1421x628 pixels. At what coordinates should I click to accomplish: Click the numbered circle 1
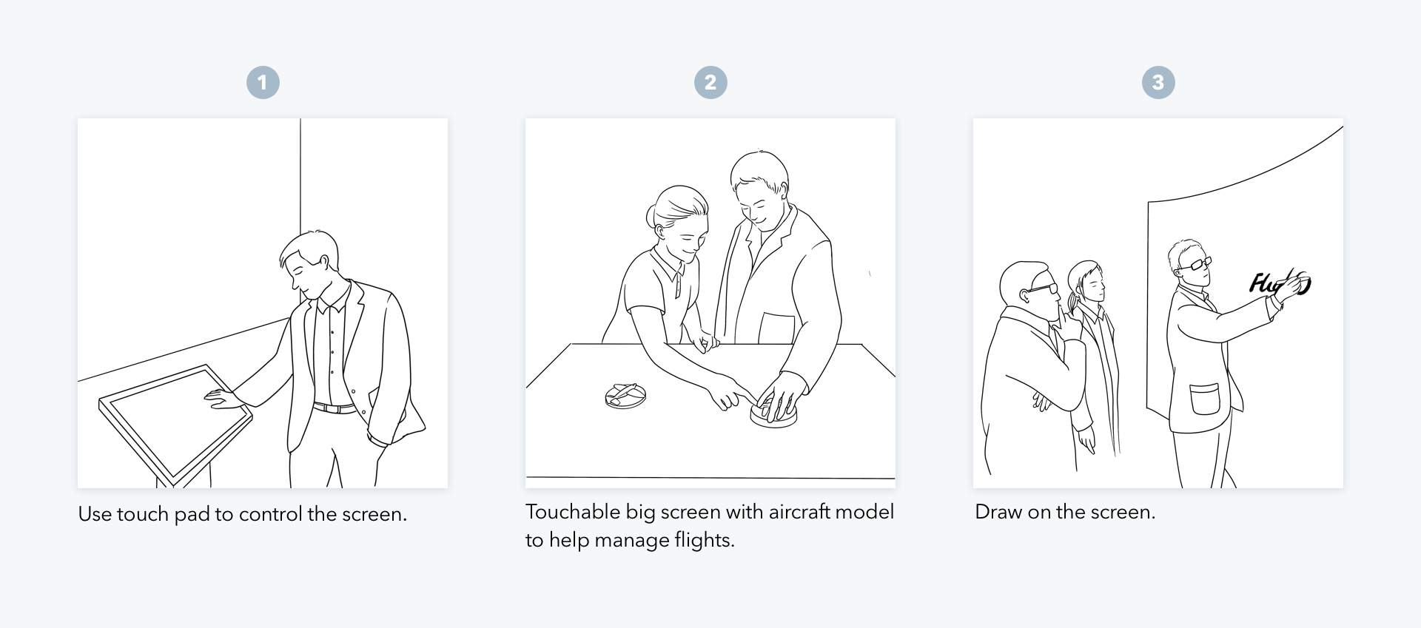[x=263, y=82]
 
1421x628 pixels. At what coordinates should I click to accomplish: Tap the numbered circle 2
[x=710, y=82]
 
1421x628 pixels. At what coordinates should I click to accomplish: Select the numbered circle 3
[x=1158, y=82]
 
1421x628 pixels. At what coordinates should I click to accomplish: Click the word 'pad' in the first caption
[x=192, y=514]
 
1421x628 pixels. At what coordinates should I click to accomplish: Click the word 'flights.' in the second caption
[x=705, y=540]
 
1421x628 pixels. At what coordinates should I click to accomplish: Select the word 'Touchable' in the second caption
[x=573, y=512]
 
